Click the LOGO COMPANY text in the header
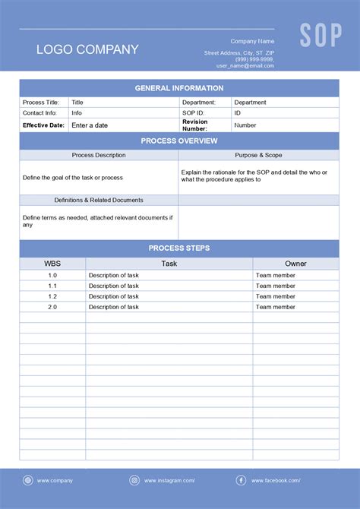point(87,49)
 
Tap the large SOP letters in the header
point(321,35)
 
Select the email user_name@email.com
point(245,65)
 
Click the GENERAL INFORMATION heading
point(179,88)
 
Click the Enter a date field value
point(90,125)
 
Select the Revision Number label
point(194,125)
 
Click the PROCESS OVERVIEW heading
point(179,141)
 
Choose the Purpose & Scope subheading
point(258,155)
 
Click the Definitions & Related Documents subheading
point(99,200)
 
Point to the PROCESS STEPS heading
point(179,248)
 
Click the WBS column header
point(52,264)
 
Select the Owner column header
point(295,264)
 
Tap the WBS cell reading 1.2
point(52,296)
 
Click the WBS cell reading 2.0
point(52,307)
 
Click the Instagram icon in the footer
point(134,480)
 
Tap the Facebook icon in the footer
point(241,480)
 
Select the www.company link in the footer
point(55,480)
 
